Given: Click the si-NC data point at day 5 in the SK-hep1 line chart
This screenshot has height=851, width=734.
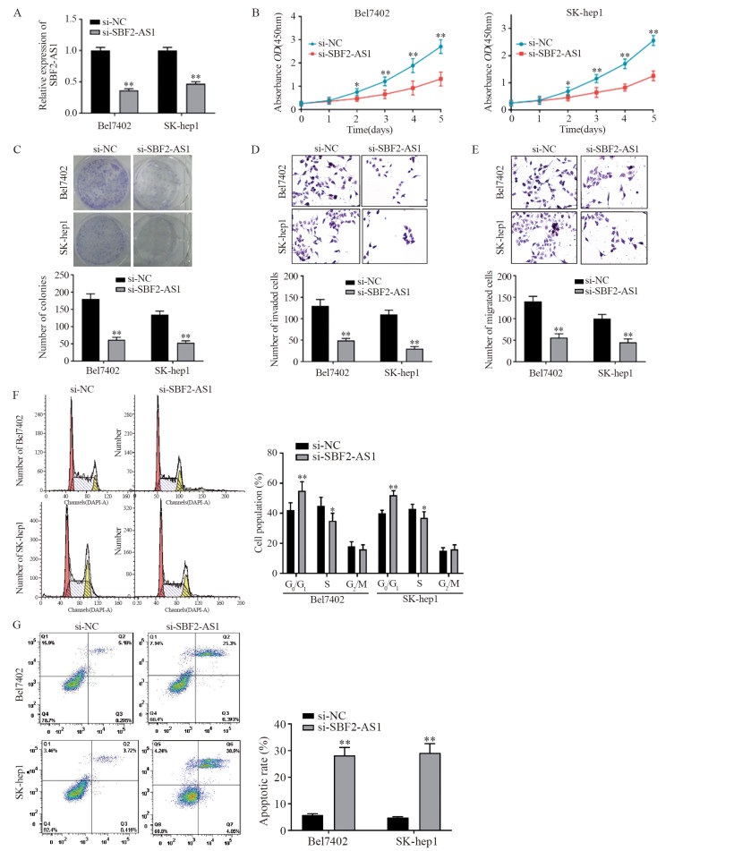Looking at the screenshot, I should tap(654, 40).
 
